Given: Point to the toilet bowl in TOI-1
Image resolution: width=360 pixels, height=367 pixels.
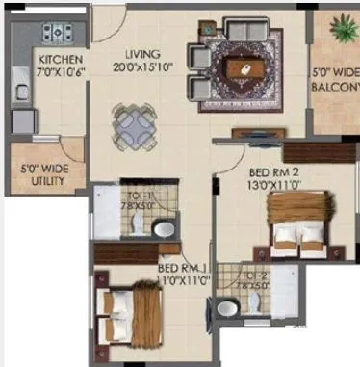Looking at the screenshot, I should [x=164, y=229].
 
